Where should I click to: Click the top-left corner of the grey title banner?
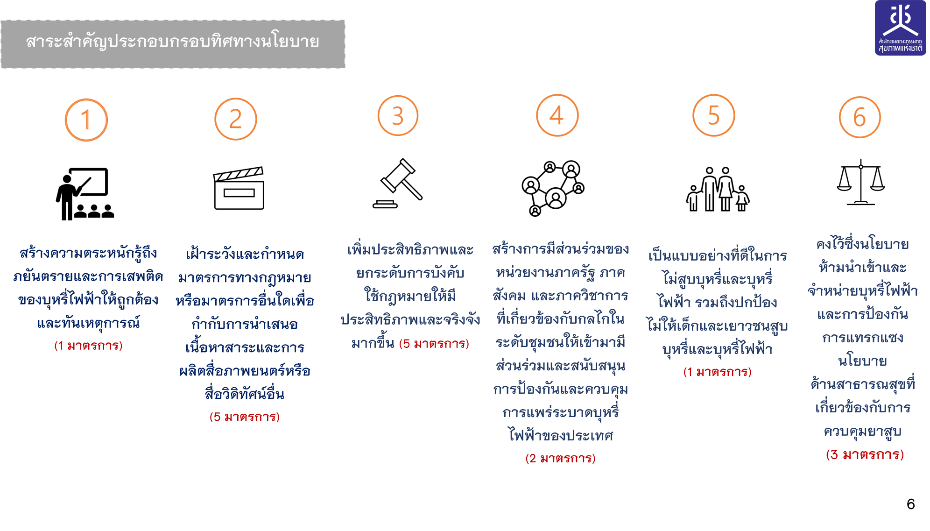1,21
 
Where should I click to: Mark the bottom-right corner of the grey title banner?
345,68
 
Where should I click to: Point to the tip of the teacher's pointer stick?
91,178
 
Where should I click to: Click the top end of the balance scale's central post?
861,160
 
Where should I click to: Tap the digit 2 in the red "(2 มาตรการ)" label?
532,458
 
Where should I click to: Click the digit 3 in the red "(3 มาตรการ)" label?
834,454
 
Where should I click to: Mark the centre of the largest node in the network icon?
556,198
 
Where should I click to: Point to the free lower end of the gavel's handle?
420,198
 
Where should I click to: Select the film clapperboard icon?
239,188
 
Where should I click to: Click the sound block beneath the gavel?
385,204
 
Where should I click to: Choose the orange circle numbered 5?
714,115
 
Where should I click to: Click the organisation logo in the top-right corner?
900,28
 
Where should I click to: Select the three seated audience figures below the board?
94,211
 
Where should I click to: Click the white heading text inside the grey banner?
173,42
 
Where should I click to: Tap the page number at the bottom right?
910,504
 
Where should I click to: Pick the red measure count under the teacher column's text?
88,346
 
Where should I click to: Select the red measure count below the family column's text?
717,372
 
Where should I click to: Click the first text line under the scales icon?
862,244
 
